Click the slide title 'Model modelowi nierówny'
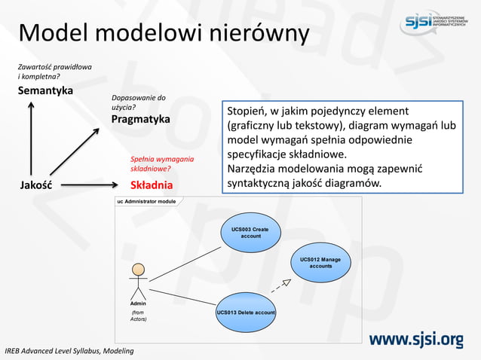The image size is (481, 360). [x=164, y=34]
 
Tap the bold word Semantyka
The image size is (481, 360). [x=45, y=90]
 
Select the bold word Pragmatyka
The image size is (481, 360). [x=141, y=119]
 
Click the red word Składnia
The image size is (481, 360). [x=152, y=185]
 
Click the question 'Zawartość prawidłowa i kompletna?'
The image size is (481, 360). [x=54, y=72]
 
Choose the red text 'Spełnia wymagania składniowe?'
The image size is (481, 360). [x=161, y=164]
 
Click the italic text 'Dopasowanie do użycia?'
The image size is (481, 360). [x=138, y=102]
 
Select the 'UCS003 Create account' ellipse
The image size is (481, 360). [x=250, y=233]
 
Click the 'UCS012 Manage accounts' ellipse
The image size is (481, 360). [x=320, y=263]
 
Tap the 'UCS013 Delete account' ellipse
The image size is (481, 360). [x=246, y=312]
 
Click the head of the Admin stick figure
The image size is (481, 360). [x=138, y=270]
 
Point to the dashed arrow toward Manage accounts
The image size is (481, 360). [x=280, y=285]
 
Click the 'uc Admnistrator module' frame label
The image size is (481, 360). [x=146, y=202]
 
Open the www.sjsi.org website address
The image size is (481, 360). [x=415, y=340]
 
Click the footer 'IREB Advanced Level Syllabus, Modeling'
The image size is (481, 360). [x=69, y=351]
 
